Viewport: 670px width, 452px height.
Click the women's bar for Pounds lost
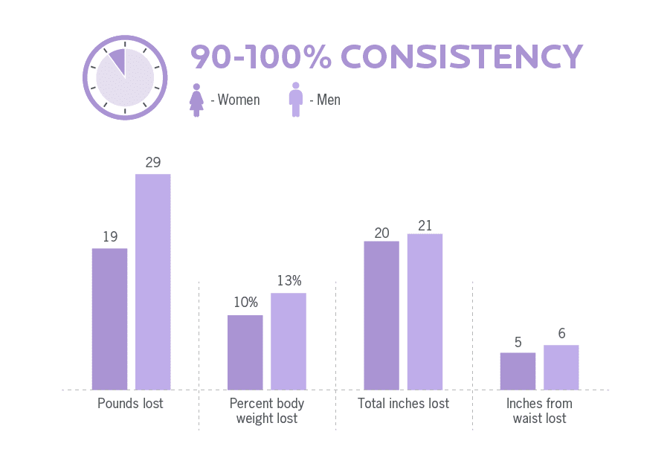[x=109, y=319]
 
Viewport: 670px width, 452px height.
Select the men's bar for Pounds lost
[x=152, y=282]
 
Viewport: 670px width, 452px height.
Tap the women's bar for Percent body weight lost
[x=245, y=352]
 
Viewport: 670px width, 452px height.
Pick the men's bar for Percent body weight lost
[x=288, y=341]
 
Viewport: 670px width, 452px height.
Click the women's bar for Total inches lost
[x=381, y=315]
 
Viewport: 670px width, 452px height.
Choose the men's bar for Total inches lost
[x=425, y=311]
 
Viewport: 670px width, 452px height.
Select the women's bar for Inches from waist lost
[x=518, y=371]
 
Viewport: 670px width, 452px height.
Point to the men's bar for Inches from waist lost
[x=561, y=367]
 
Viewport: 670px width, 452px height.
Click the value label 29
[x=152, y=162]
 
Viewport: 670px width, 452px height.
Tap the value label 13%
[x=289, y=281]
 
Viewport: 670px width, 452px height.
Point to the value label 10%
[x=245, y=303]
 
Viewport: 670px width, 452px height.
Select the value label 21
[x=425, y=225]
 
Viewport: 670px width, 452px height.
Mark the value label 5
[x=518, y=343]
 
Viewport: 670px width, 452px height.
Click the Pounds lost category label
[x=130, y=404]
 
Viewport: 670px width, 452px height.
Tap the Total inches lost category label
[x=403, y=404]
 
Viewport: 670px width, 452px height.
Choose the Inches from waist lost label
[x=539, y=411]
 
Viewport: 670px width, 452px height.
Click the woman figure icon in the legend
[x=196, y=100]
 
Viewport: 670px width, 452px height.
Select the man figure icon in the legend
[x=296, y=100]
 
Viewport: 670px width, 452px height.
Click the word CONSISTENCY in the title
[x=462, y=57]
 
